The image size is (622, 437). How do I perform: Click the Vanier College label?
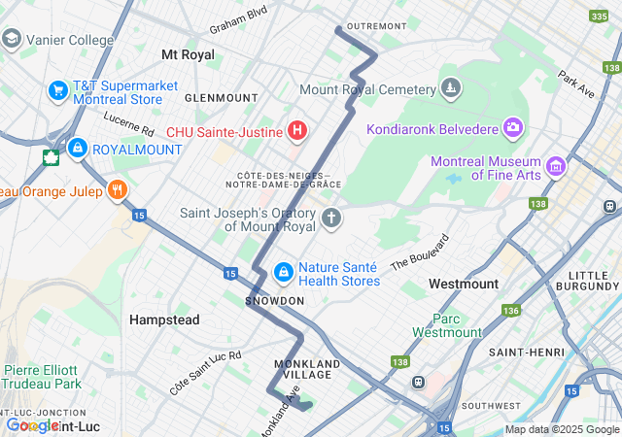click(71, 40)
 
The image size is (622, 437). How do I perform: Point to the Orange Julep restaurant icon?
click(118, 189)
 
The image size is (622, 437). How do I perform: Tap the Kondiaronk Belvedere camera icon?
click(511, 128)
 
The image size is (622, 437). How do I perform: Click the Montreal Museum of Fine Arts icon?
click(556, 166)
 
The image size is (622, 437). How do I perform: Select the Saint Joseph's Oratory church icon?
click(331, 218)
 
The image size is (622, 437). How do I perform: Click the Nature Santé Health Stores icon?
click(283, 272)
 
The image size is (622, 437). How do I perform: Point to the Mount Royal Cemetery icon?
click(450, 89)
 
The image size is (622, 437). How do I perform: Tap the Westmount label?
click(464, 284)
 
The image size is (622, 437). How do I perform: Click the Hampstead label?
click(164, 319)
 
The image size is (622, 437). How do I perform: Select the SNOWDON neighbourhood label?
click(275, 301)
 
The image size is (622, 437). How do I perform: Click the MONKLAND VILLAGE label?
click(306, 370)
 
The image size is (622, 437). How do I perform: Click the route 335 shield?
click(599, 16)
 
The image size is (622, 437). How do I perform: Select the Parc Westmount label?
click(447, 325)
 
